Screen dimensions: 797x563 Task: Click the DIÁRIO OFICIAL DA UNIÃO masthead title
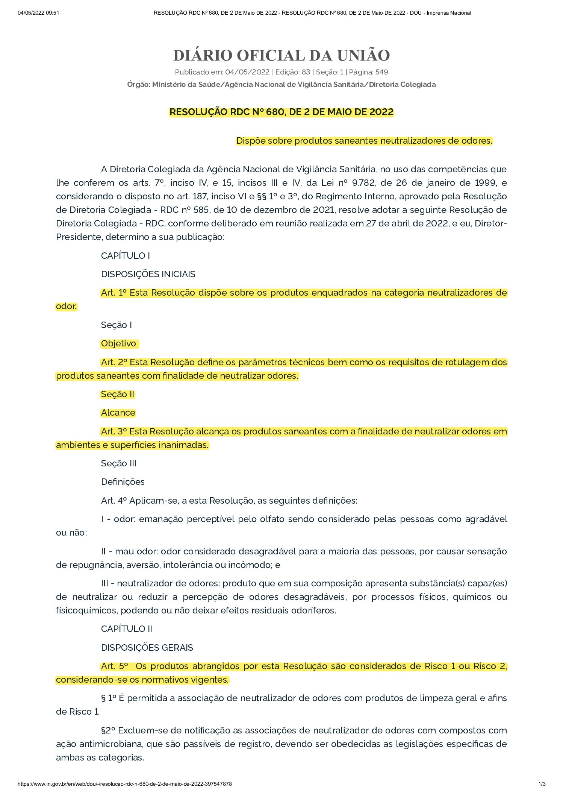281,55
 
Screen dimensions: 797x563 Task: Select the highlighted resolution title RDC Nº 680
281,112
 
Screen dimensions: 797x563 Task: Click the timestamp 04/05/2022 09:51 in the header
38,13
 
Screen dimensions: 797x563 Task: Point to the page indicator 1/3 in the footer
542,784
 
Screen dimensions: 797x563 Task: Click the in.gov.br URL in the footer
125,784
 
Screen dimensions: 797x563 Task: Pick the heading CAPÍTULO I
126,256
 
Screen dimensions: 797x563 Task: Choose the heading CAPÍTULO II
127,629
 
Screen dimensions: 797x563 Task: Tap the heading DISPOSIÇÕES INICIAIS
148,274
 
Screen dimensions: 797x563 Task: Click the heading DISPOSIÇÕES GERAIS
147,648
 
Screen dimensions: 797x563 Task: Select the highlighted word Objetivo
118,343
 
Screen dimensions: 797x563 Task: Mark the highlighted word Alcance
118,413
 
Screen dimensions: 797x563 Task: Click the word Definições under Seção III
123,482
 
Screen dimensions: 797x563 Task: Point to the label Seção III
118,463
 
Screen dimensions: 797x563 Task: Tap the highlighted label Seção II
118,394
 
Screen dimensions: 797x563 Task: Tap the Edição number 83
306,72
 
